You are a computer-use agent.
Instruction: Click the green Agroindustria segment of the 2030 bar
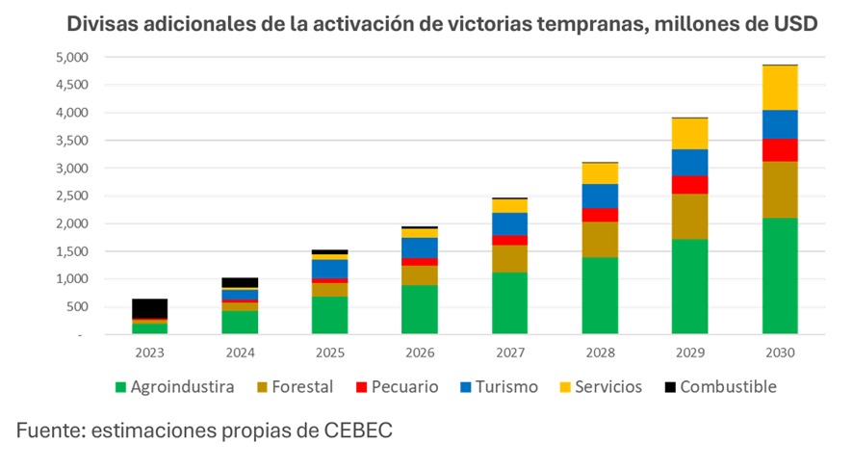[780, 275]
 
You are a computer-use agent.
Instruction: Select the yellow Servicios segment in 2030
[780, 88]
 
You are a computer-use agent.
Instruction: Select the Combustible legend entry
[727, 388]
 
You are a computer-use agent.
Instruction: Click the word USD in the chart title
[794, 24]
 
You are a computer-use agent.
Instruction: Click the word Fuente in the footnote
[47, 432]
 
